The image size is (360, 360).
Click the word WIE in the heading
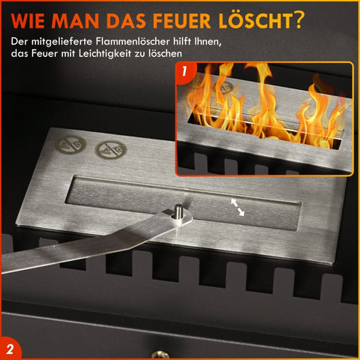pyautogui.click(x=28, y=21)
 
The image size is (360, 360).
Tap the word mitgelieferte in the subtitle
pyautogui.click(x=61, y=41)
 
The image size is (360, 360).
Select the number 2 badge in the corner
pyautogui.click(x=10, y=349)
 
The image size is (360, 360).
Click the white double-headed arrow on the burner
pyautogui.click(x=238, y=207)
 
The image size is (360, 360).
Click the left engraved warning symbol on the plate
pyautogui.click(x=70, y=145)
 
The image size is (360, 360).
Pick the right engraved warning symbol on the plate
pyautogui.click(x=111, y=149)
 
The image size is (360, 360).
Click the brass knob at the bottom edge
pyautogui.click(x=160, y=355)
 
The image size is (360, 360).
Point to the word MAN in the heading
pyautogui.click(x=75, y=21)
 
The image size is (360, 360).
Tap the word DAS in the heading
pyautogui.click(x=126, y=21)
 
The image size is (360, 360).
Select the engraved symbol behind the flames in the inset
pyautogui.click(x=227, y=87)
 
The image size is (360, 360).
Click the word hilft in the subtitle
pyautogui.click(x=182, y=41)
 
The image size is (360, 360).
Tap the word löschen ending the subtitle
pyautogui.click(x=165, y=53)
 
